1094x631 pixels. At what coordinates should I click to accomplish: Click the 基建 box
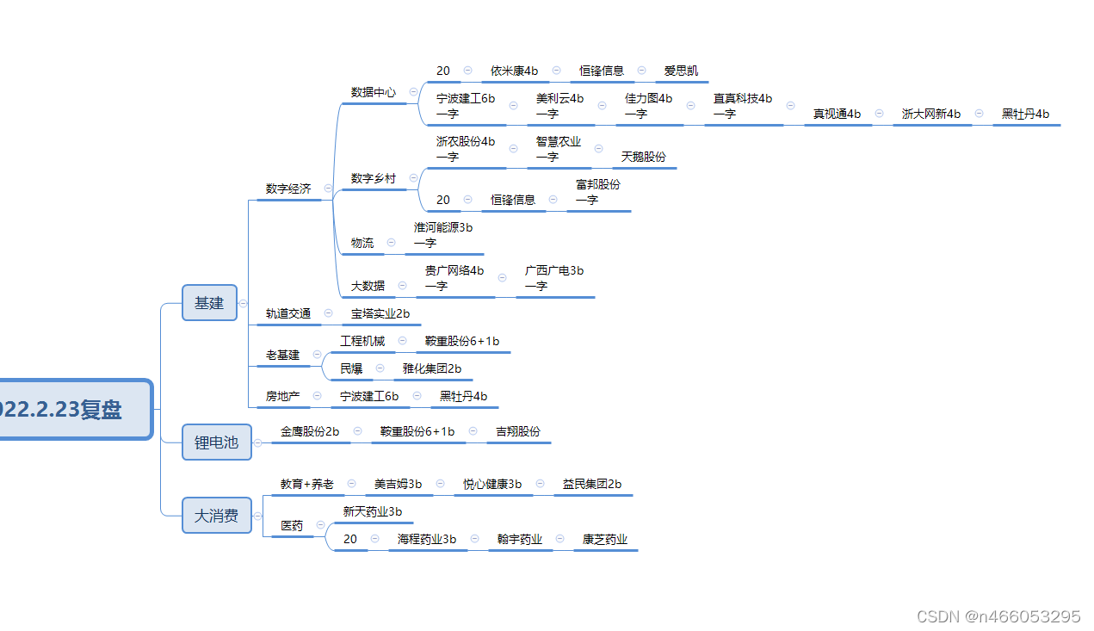(209, 303)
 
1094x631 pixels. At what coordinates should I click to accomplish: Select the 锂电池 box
(216, 442)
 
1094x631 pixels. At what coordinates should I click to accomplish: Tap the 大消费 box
(216, 516)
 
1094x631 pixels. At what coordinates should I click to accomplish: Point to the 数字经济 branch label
(288, 189)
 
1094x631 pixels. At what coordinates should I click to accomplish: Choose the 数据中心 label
(374, 92)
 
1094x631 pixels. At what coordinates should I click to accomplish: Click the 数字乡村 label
(374, 178)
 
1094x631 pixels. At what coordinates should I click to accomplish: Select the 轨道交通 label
(288, 313)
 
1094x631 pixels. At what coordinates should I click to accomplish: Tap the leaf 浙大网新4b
(931, 114)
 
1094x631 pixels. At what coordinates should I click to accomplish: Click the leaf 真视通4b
(837, 114)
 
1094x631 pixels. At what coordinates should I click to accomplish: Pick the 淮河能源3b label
(443, 228)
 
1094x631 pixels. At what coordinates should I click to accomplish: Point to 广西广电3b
(554, 270)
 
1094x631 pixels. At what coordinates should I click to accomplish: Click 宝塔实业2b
(380, 313)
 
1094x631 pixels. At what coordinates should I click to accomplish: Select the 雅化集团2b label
(432, 368)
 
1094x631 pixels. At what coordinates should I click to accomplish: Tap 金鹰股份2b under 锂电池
(310, 431)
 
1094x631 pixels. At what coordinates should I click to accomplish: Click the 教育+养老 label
(307, 485)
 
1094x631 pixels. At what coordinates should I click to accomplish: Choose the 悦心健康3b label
(492, 485)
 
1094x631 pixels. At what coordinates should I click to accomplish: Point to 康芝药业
(605, 540)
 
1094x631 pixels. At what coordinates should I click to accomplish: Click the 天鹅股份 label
(644, 157)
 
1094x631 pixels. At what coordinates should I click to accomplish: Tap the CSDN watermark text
(998, 616)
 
